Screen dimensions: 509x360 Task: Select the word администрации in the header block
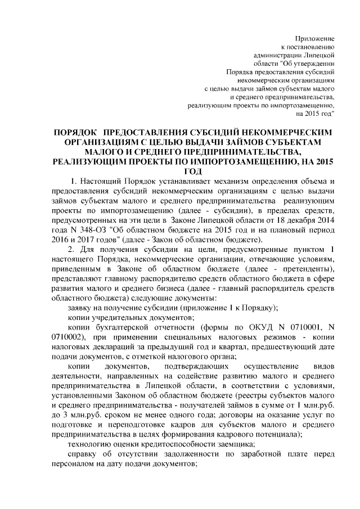pyautogui.click(x=276, y=55)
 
